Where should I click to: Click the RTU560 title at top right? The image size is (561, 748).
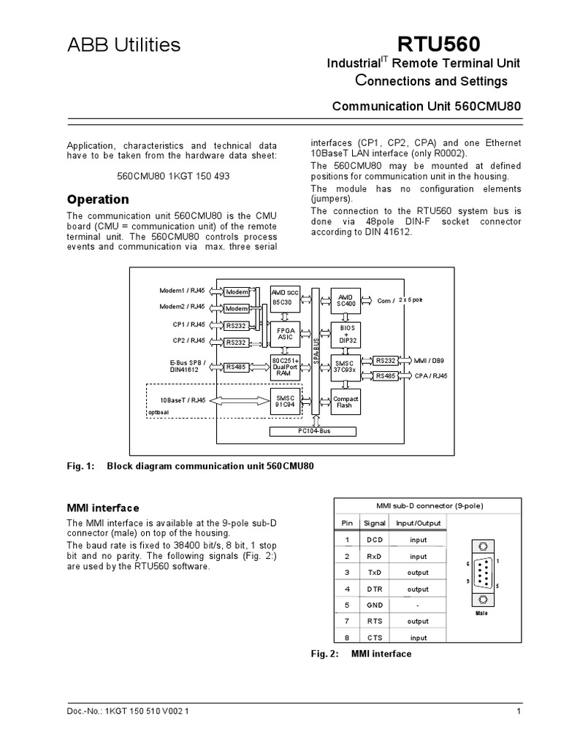(480, 45)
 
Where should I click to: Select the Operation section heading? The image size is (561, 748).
(98, 199)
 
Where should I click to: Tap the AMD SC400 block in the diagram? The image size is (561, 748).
(346, 299)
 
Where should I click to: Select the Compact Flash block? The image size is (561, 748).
(346, 401)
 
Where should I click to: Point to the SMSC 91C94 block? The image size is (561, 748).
(284, 401)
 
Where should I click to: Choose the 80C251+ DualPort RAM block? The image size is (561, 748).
(284, 367)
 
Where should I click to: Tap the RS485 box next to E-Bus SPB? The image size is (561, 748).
(236, 367)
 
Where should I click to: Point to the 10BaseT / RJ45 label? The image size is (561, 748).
(183, 400)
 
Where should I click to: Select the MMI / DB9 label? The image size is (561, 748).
(430, 360)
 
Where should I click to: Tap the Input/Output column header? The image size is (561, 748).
(419, 524)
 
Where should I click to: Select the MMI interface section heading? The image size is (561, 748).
(103, 508)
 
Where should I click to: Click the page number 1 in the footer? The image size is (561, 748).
(517, 711)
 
